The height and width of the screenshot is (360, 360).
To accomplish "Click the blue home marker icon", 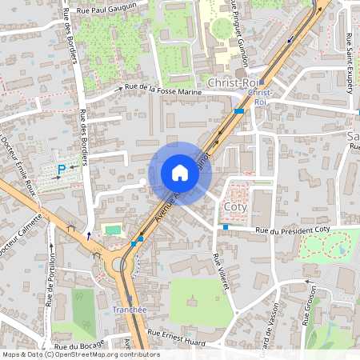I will pos(180,173).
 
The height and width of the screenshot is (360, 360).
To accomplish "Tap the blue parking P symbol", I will pos(62,169).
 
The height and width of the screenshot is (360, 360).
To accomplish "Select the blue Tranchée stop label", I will pos(130,310).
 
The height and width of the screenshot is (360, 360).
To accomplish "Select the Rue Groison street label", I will pos(307,307).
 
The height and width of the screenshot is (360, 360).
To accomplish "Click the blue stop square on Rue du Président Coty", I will pos(226,227).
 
